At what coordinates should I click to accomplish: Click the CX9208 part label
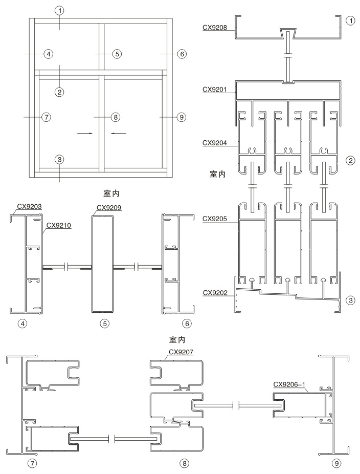click(x=215, y=28)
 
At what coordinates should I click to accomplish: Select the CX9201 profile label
click(x=215, y=90)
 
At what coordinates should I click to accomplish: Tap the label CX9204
click(x=215, y=143)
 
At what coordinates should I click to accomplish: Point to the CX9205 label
click(x=215, y=219)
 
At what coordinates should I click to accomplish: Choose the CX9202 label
click(x=215, y=292)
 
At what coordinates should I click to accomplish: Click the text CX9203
click(x=29, y=207)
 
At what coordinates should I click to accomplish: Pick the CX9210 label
click(x=59, y=225)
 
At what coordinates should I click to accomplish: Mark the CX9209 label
click(x=109, y=208)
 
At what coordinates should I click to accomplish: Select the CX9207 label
click(x=181, y=352)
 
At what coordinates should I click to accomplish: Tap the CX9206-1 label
click(x=289, y=384)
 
